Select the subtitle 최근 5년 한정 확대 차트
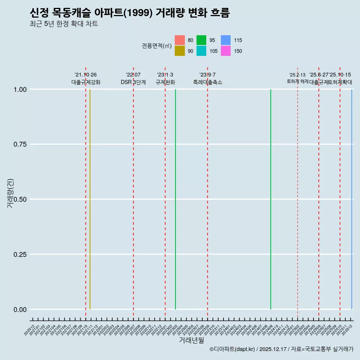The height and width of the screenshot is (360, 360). (x=64, y=24)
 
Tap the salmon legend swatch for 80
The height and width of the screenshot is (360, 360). (x=180, y=40)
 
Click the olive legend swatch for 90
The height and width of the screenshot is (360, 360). (x=180, y=51)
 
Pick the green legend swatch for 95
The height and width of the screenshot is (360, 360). (x=201, y=40)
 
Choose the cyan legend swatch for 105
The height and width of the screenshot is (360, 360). (x=201, y=51)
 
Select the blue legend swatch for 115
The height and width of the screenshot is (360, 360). (x=226, y=40)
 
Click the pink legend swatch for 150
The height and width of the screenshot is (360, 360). (x=226, y=51)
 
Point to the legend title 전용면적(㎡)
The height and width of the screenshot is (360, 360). (x=157, y=46)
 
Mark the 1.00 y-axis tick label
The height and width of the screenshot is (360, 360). (x=19, y=89)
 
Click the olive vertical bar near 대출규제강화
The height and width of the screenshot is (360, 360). (x=90, y=199)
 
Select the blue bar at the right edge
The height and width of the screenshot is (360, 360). (x=351, y=199)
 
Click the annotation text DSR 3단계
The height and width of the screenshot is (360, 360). (x=133, y=82)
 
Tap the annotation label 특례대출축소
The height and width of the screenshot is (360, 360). (x=208, y=82)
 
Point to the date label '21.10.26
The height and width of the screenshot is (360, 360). (x=85, y=75)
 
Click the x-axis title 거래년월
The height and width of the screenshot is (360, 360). (x=191, y=340)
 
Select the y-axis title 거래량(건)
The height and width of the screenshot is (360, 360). (x=11, y=193)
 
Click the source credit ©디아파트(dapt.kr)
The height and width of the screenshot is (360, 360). (x=232, y=349)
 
